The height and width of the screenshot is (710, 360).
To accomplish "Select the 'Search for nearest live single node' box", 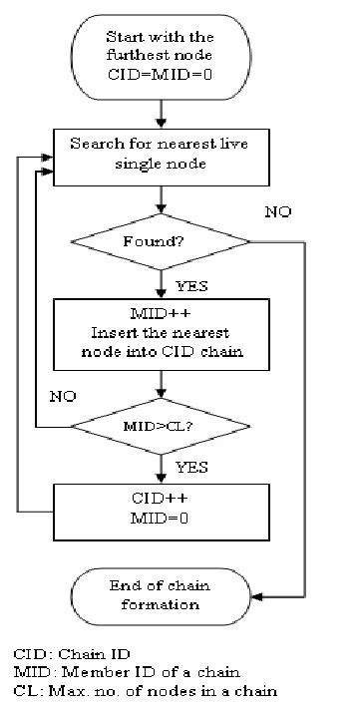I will pyautogui.click(x=161, y=154).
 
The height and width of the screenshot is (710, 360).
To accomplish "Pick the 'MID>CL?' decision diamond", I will pyautogui.click(x=161, y=427).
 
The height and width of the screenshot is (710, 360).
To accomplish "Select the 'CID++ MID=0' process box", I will pyautogui.click(x=161, y=509).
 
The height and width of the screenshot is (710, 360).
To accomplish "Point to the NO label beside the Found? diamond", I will pyautogui.click(x=279, y=212).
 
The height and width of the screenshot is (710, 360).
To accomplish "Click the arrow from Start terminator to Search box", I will pyautogui.click(x=161, y=116).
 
